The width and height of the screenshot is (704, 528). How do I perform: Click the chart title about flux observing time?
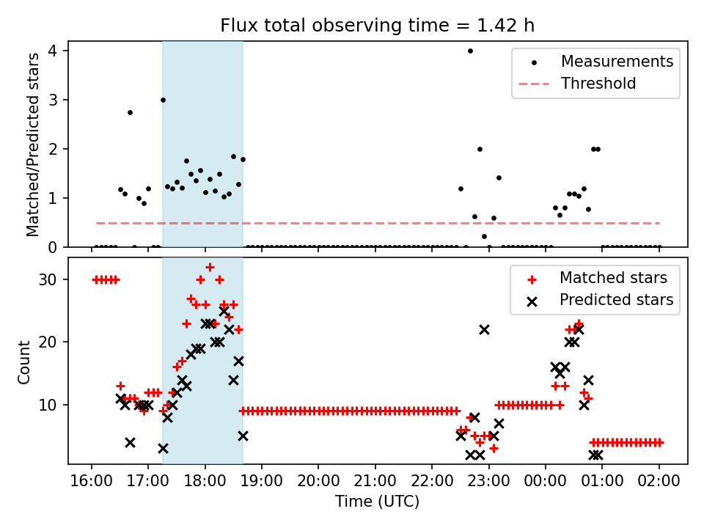point(378,26)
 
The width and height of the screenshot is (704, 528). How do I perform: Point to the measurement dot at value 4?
point(470,51)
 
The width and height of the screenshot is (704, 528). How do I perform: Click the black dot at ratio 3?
point(163,100)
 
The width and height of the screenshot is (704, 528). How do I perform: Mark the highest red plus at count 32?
point(210,267)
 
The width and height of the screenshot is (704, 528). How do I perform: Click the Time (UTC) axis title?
point(378,502)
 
